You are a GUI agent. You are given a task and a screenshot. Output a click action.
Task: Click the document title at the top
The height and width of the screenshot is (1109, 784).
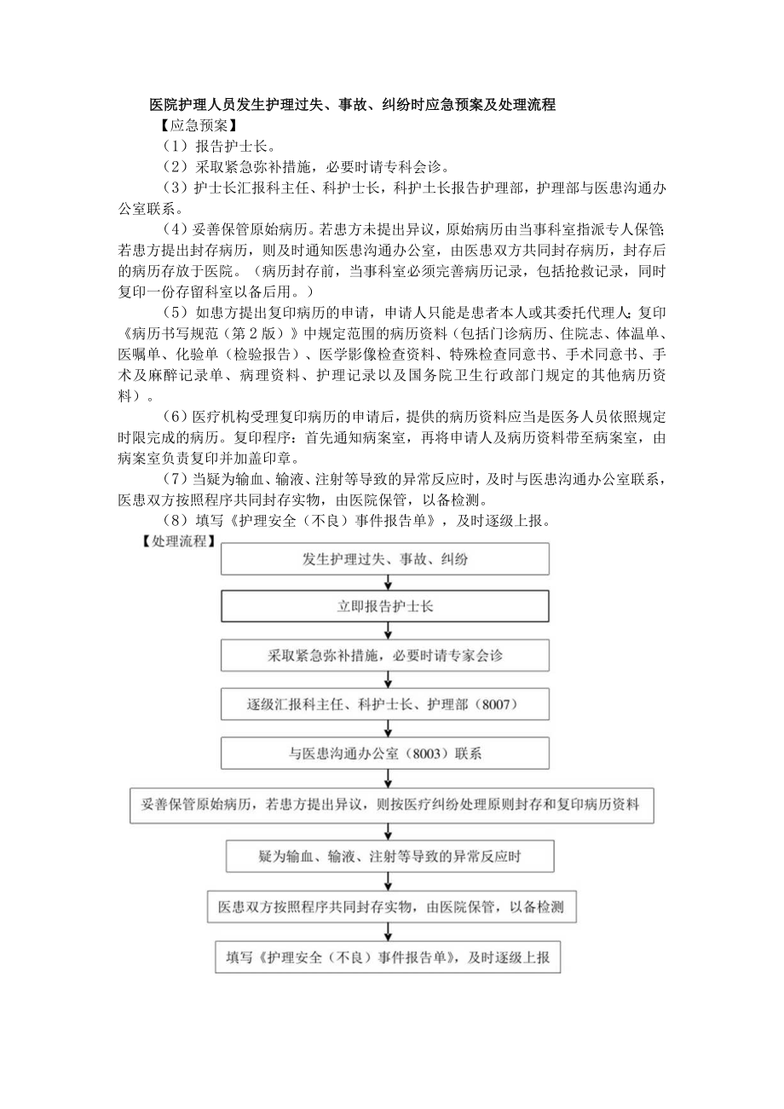coord(352,106)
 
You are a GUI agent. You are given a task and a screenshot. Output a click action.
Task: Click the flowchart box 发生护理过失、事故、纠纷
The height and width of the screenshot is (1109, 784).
coord(385,559)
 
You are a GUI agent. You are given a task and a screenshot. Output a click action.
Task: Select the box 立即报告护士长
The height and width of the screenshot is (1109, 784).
coord(385,608)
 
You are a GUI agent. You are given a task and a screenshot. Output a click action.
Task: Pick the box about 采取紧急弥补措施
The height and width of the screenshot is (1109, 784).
coord(385,656)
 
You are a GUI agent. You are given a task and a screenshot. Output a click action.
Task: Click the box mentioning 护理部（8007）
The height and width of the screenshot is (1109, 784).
coord(385,705)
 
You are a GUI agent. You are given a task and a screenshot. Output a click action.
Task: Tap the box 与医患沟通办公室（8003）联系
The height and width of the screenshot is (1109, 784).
coord(385,754)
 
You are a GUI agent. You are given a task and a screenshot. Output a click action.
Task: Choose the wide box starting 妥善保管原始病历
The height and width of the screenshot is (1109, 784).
coord(391,804)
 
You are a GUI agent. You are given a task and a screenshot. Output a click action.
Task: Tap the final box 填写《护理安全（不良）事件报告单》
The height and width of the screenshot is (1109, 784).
coord(388,957)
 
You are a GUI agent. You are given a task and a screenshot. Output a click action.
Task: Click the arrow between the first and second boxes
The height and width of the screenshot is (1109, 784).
coord(389,583)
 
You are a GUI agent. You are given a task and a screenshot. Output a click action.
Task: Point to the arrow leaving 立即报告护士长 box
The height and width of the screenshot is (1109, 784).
coord(389,632)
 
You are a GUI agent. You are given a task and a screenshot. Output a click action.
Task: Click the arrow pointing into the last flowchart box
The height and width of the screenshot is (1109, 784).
coord(389,933)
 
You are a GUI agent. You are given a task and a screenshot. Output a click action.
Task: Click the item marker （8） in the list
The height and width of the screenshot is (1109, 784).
coord(174,520)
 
